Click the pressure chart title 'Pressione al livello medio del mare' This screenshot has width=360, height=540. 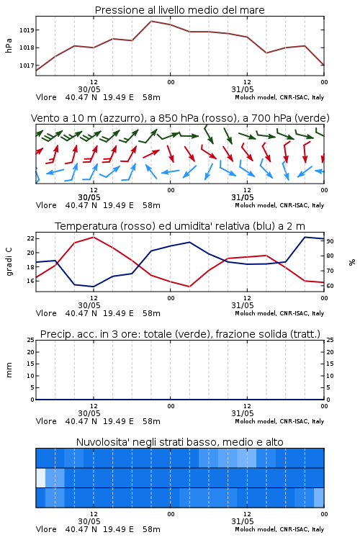179,10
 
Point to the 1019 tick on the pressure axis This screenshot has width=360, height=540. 27,30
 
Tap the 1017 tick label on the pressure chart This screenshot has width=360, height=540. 27,66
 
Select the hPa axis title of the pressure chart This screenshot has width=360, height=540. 9,45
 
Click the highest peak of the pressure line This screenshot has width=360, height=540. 151,21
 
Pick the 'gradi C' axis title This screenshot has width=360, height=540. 9,261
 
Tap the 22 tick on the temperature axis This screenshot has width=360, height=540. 30,238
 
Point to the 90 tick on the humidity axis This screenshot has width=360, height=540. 330,241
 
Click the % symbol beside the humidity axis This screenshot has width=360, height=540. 352,262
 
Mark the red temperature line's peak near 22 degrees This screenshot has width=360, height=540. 94,237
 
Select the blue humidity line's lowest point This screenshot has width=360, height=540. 94,287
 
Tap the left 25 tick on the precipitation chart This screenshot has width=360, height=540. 30,340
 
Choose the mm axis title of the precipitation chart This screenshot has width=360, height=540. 9,369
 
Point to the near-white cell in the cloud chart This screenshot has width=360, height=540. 40,477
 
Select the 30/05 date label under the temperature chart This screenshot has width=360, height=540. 89,305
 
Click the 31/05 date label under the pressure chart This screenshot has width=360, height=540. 243,89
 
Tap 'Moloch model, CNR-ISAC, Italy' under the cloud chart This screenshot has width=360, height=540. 279,529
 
